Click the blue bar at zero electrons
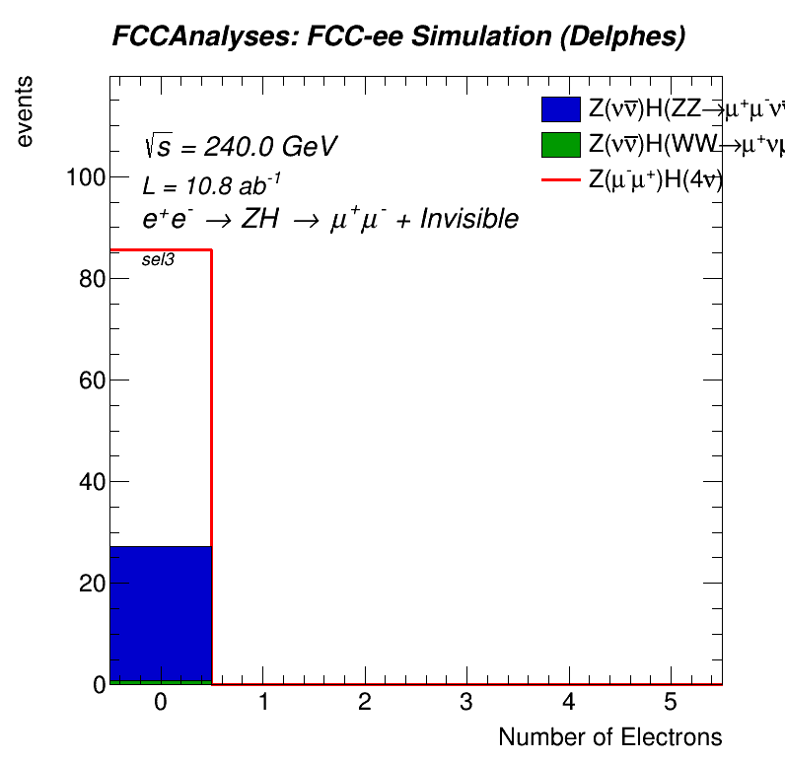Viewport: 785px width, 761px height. coord(160,612)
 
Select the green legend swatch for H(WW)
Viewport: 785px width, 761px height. coord(559,146)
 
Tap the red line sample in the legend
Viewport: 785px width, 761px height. coord(559,180)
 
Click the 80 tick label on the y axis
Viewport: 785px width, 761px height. coord(88,279)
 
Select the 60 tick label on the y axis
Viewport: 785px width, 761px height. coord(88,380)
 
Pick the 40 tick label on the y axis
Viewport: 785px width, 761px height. coord(88,482)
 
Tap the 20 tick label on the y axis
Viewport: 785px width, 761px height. coord(88,584)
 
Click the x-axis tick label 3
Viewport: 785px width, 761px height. coord(466,703)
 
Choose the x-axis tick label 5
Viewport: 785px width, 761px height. coord(671,703)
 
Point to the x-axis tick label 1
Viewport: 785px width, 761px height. coord(262,703)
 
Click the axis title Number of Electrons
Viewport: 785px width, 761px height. coord(609,737)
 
